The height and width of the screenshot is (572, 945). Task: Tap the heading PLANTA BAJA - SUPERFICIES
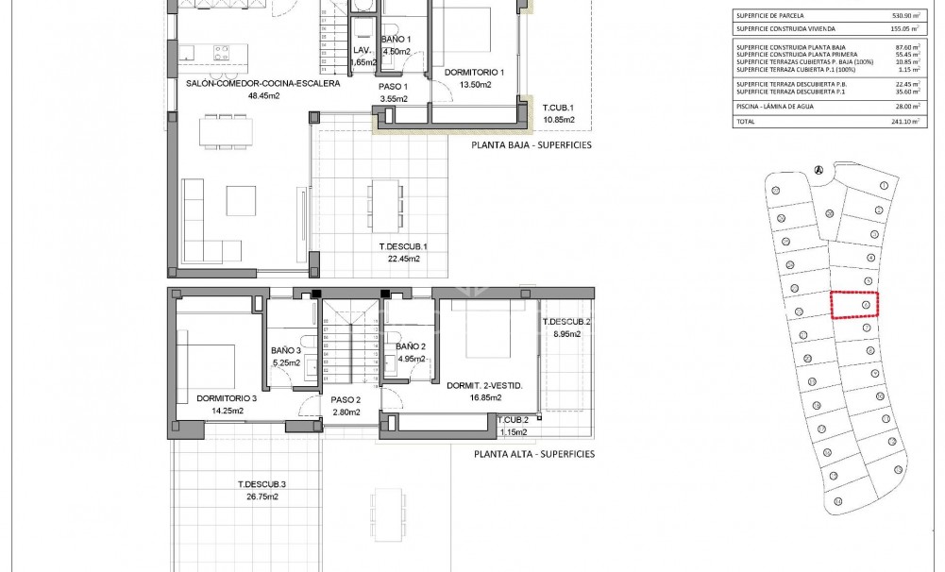point(532,146)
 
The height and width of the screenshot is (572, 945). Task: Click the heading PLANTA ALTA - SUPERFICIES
point(534,454)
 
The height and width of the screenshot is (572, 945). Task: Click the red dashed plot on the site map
point(853,305)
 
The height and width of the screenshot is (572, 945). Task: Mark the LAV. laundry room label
point(361,51)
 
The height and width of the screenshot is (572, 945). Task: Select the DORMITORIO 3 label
point(227,399)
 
